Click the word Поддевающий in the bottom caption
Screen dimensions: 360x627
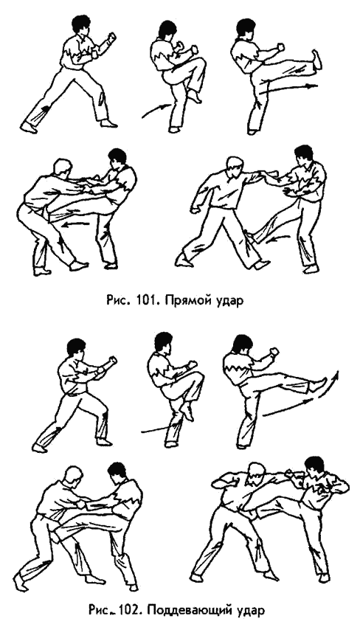190,613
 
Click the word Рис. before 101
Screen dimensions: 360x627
117,301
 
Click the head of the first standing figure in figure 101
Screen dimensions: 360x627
81,27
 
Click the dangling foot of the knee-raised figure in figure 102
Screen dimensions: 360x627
187,411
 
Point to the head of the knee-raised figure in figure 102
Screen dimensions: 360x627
163,344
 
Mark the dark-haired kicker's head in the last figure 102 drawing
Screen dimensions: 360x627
314,468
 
